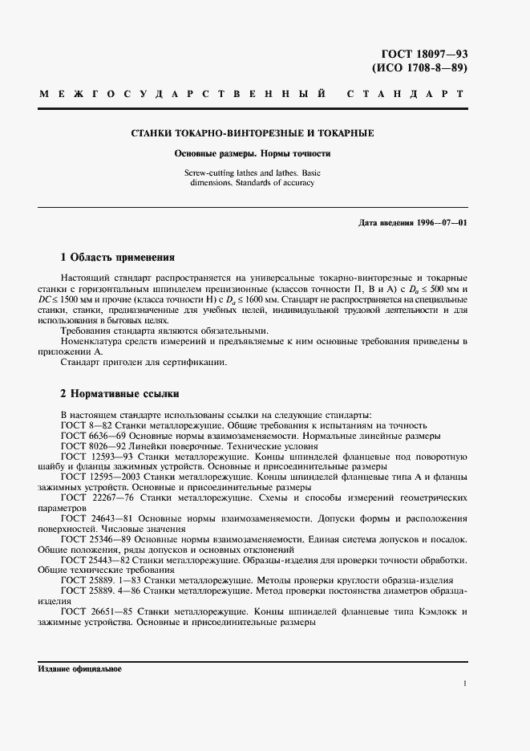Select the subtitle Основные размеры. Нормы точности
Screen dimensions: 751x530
253,152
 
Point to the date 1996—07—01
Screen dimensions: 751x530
440,221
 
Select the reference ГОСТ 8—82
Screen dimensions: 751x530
87,424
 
